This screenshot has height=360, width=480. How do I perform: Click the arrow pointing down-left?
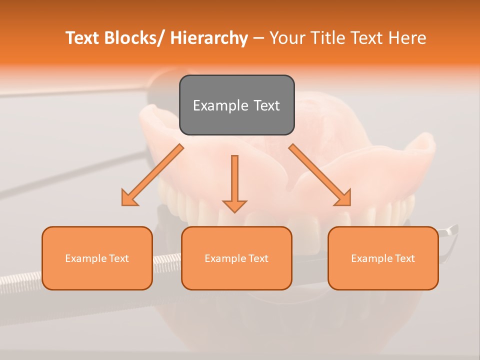click(x=152, y=175)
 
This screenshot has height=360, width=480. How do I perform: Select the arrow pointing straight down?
click(x=234, y=183)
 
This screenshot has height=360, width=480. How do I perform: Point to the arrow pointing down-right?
click(x=320, y=175)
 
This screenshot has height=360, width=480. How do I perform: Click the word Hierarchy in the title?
click(x=209, y=38)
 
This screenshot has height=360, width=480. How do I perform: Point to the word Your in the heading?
click(x=287, y=38)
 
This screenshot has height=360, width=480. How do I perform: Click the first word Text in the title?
click(x=83, y=38)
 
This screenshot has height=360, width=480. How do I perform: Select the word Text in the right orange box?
click(x=404, y=258)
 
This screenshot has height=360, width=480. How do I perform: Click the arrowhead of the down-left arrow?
click(x=129, y=198)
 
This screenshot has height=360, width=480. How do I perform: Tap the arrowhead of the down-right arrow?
click(x=343, y=198)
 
